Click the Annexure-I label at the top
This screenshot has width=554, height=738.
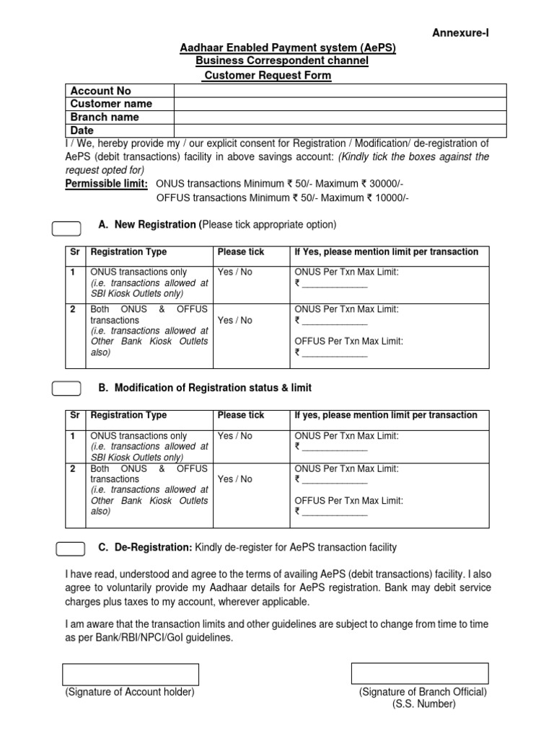pos(465,32)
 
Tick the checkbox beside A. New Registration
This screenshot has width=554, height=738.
pos(66,228)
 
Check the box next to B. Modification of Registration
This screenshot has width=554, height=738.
pos(66,389)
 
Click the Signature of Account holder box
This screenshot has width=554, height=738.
pos(131,675)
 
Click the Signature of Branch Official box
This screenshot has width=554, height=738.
pos(420,674)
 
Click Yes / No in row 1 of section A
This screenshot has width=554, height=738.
pos(236,272)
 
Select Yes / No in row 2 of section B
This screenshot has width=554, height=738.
pos(236,479)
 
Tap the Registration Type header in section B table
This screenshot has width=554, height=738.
pos(128,416)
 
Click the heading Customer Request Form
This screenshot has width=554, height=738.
pos(267,76)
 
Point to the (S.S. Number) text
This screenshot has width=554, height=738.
pos(424,704)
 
